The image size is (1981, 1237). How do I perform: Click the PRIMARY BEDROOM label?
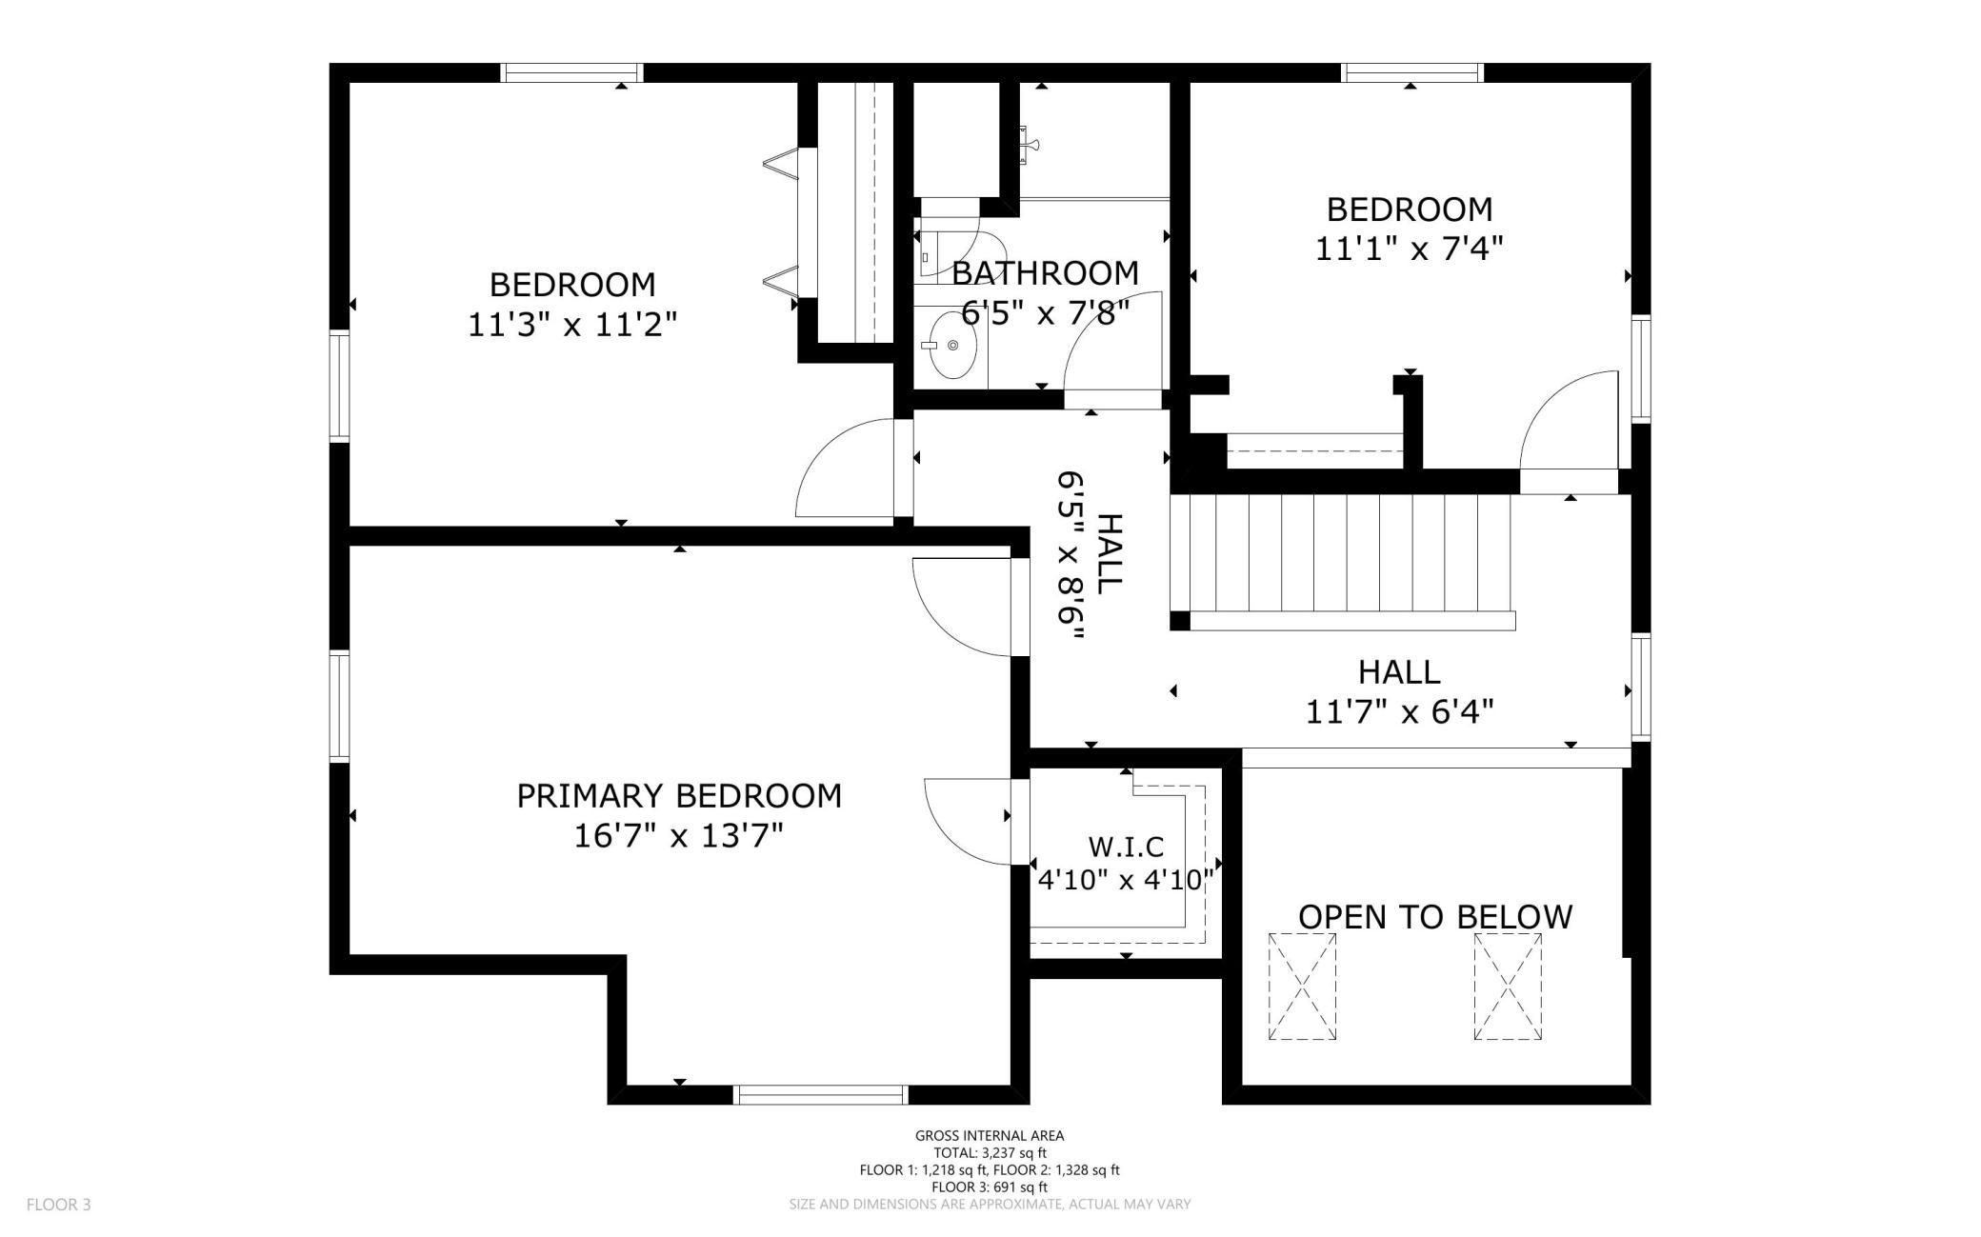point(679,795)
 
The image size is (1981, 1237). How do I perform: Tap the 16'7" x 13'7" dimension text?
point(679,836)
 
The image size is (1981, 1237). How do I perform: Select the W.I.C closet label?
point(1126,846)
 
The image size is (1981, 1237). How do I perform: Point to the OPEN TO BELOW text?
point(1435,916)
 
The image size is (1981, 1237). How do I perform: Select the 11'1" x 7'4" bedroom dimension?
point(1410,249)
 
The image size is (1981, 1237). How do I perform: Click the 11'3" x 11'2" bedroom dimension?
point(572,325)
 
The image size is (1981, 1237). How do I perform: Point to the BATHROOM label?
point(1046,273)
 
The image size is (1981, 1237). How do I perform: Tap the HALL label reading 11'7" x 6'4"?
point(1399,691)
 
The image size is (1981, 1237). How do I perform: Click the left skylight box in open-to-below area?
point(1302,987)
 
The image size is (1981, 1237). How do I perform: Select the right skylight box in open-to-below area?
point(1508,987)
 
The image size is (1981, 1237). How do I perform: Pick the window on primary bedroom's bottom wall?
point(821,1094)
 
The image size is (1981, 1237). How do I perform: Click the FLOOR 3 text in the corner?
point(59,1205)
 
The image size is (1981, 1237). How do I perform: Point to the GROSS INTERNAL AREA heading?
point(990,1135)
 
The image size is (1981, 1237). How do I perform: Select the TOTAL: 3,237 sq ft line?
point(990,1152)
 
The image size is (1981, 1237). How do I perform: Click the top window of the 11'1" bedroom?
point(1412,72)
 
